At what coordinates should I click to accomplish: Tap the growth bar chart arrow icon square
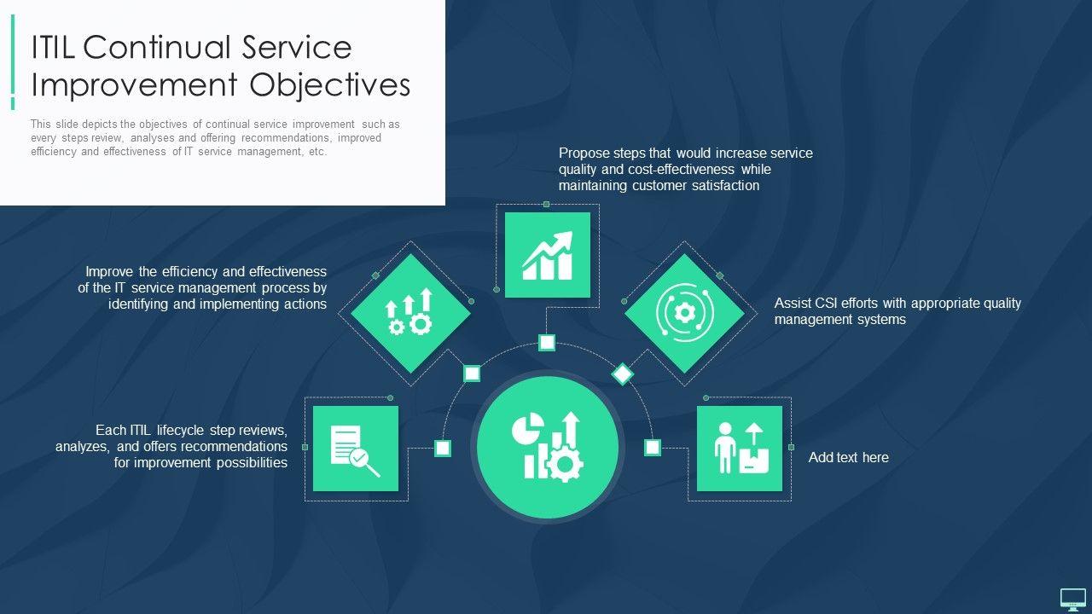tap(548, 255)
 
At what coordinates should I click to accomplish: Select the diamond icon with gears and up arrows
tap(410, 313)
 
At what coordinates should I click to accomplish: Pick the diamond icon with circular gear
tap(684, 313)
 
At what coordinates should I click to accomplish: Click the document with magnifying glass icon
tap(356, 449)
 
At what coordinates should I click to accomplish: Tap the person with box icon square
tap(740, 449)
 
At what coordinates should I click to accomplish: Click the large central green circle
tap(548, 447)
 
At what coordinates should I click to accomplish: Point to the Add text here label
tap(848, 458)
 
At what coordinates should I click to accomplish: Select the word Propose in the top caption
tap(584, 153)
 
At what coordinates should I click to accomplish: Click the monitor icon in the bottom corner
tap(1072, 600)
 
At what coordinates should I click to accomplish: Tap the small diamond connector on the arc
tap(623, 374)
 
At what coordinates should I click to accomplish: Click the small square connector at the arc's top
tap(548, 343)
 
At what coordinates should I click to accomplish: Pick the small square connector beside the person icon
tap(653, 448)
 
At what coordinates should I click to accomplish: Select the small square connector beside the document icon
tap(443, 448)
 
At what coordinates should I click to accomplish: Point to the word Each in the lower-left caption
tap(111, 430)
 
